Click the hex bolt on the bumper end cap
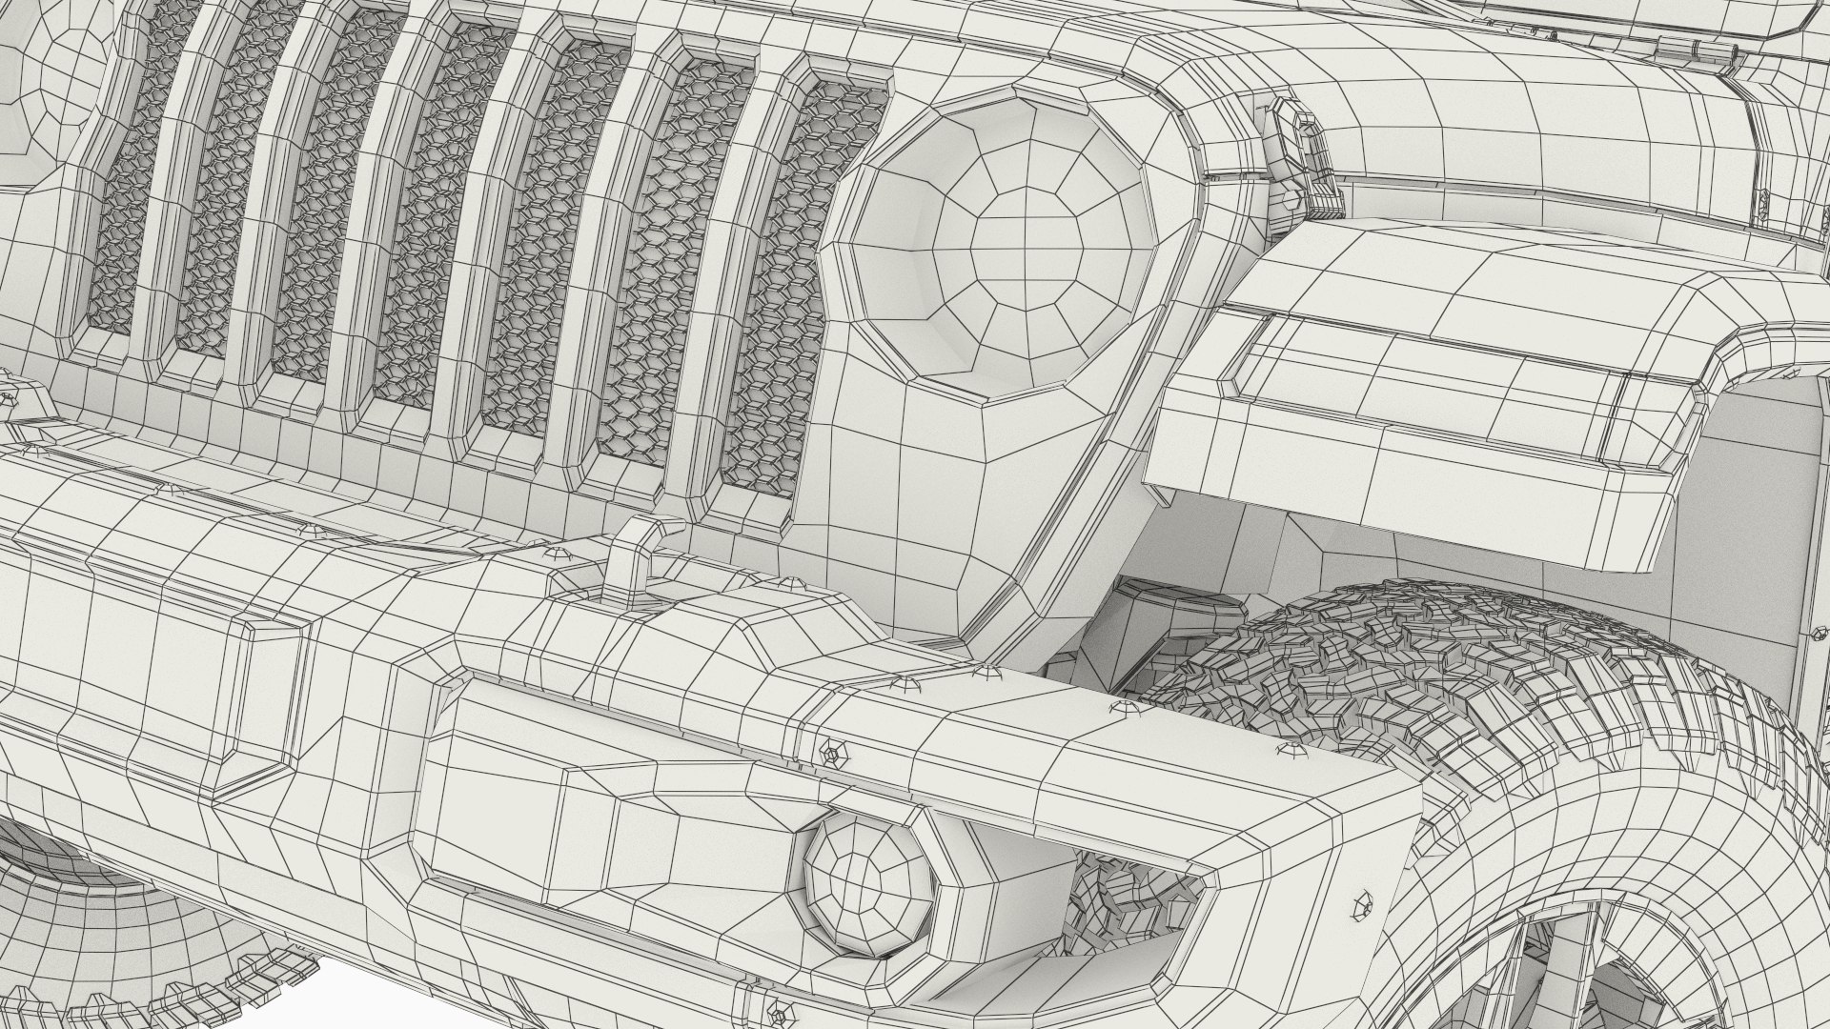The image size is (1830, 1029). coord(1362,908)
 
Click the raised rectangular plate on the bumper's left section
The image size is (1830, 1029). coord(143,696)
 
